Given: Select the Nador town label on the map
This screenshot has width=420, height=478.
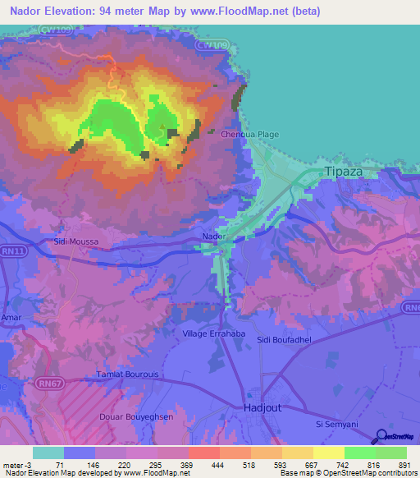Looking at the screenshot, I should point(213,237).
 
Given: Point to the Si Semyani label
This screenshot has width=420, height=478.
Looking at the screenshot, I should point(338,424).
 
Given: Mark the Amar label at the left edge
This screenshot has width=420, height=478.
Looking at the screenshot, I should point(11,316).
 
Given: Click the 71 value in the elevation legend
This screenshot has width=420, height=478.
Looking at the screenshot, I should point(59,465).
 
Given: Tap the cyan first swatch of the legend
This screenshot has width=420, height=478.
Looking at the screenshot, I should point(48,453).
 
